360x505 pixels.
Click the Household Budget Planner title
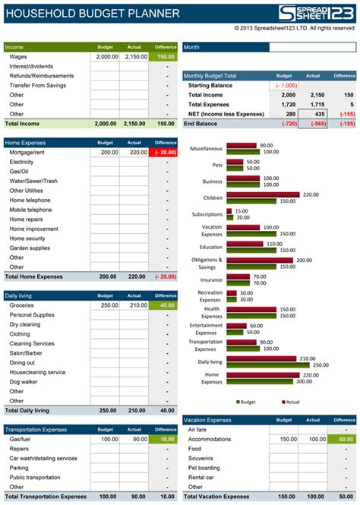pos(92,13)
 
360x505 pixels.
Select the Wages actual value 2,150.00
pos(134,56)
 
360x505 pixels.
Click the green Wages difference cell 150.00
pos(163,56)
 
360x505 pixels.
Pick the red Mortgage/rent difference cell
pos(163,152)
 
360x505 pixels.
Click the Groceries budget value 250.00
pos(105,305)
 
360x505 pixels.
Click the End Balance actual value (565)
pos(313,123)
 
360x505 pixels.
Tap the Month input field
pos(311,47)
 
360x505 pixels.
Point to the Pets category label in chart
pos(216,165)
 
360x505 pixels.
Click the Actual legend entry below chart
pos(291,402)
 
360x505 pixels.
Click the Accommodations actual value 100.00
pos(313,439)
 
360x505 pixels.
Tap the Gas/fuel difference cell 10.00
pos(163,439)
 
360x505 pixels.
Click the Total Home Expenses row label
pos(34,276)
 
